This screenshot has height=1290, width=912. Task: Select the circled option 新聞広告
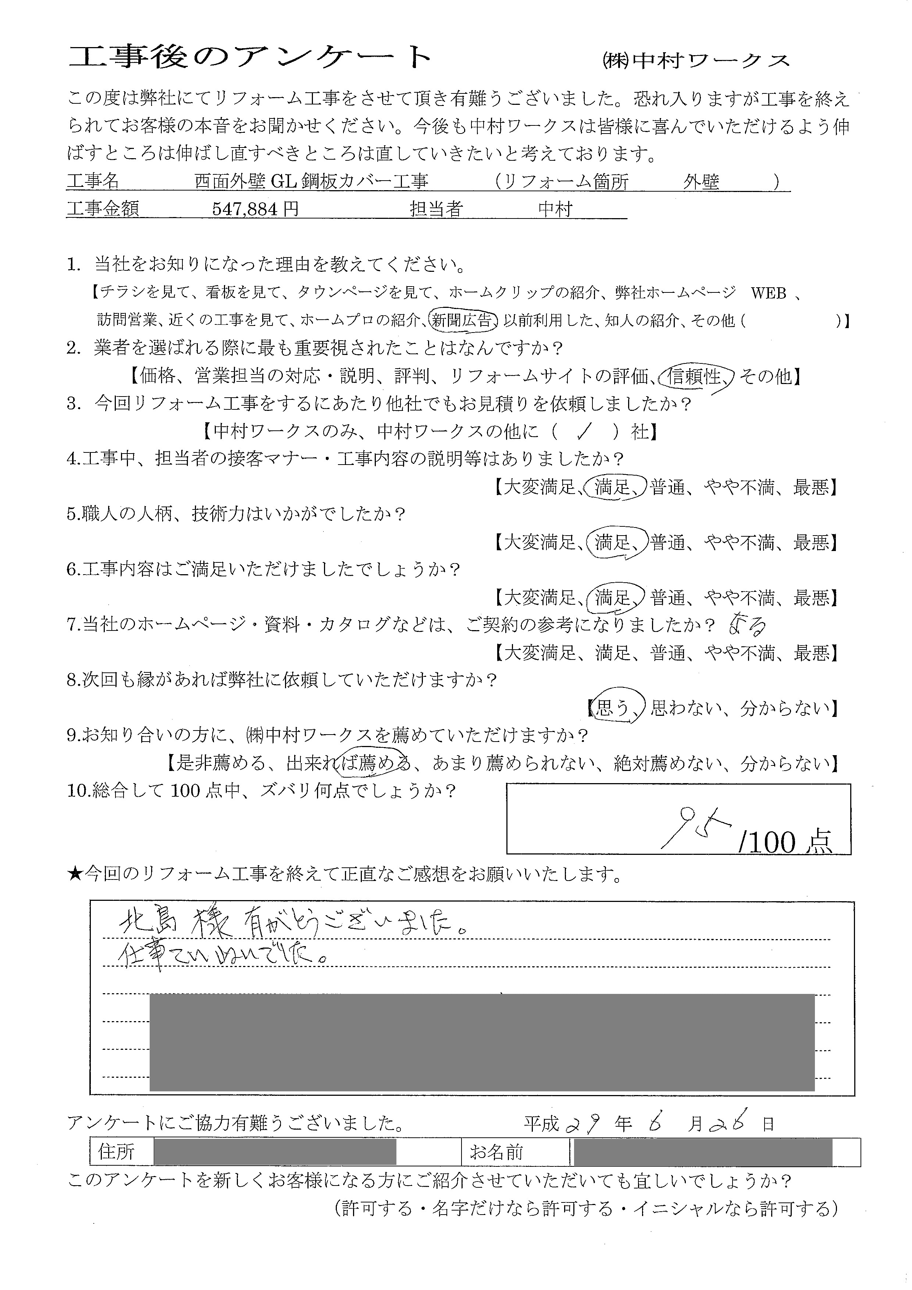pyautogui.click(x=463, y=320)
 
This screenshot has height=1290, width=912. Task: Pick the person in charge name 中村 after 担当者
pyautogui.click(x=555, y=209)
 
